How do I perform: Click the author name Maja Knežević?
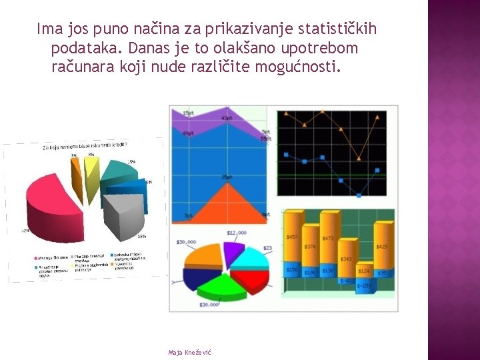click(190, 352)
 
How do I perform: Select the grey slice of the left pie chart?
click(123, 213)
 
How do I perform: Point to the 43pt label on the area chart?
click(227, 119)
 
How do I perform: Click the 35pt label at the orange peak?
click(227, 177)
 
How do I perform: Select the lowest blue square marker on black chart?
click(359, 195)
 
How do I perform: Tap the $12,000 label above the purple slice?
click(236, 233)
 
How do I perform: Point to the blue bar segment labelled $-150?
click(363, 285)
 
